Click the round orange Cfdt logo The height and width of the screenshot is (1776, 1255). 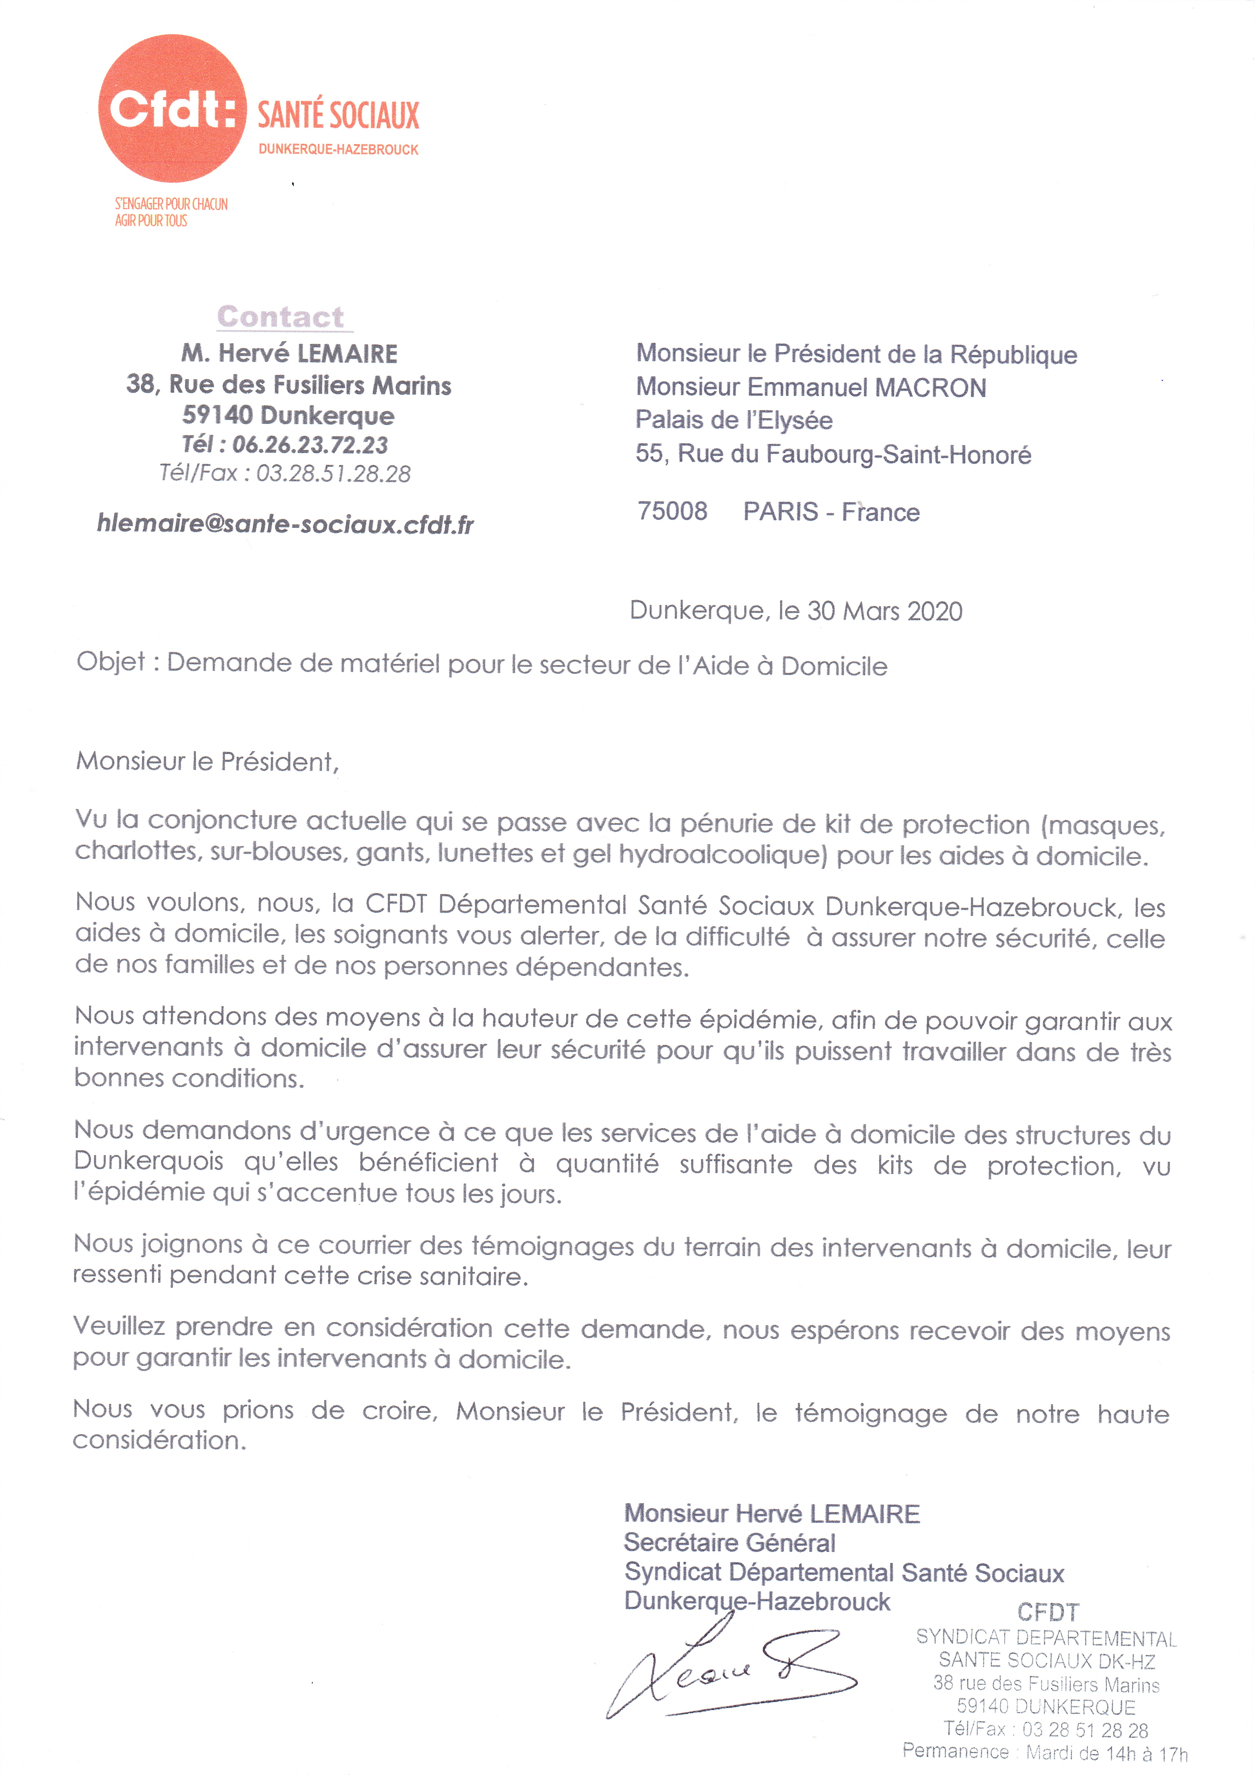172,108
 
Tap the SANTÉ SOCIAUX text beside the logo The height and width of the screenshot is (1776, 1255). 338,115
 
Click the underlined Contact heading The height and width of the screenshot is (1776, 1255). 281,316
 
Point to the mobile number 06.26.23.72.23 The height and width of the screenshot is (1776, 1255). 310,445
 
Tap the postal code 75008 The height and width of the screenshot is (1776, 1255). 672,511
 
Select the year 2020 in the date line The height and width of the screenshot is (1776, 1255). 935,611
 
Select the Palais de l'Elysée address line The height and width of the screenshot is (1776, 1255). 734,420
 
